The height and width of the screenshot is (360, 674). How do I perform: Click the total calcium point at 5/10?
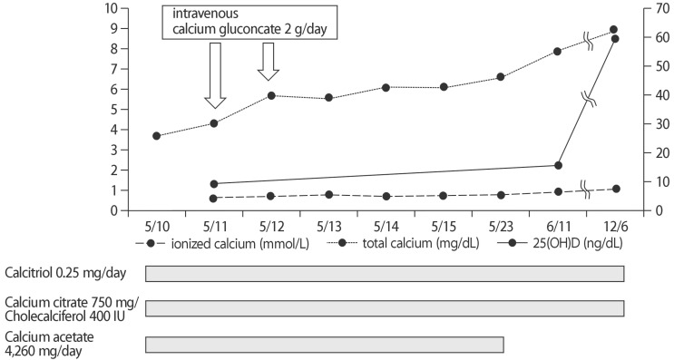156,136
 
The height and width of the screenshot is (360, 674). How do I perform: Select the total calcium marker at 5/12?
271,95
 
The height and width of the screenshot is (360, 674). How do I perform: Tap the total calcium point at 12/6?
614,30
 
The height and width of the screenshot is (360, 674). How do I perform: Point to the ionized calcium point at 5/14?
386,196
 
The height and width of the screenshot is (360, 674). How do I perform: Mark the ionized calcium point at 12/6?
615,189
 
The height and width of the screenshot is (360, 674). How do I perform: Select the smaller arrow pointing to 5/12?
269,61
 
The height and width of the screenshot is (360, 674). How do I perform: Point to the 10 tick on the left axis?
112,8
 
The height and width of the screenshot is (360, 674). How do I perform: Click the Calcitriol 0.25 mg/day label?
61,271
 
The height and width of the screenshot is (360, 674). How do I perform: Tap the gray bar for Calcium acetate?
324,344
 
